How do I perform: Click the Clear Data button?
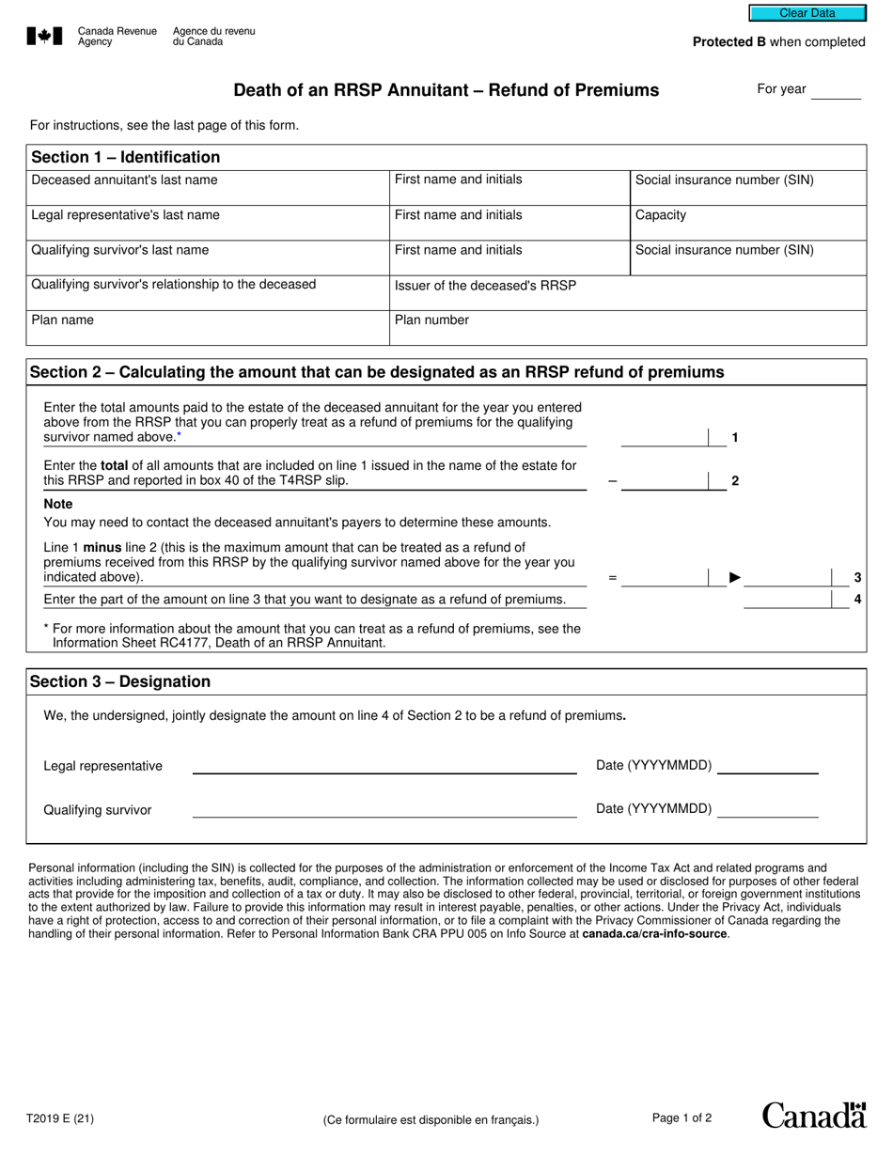(x=807, y=13)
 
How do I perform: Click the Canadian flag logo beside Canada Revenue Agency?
(x=45, y=37)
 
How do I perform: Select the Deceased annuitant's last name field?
(x=209, y=189)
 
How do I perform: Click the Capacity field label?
(x=661, y=215)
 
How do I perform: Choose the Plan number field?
(x=627, y=328)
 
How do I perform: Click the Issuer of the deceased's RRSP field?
(x=627, y=293)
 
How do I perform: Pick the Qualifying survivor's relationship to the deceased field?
(x=209, y=293)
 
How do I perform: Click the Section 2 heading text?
(x=377, y=372)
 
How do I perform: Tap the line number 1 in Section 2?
(x=735, y=437)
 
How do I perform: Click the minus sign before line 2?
(x=613, y=480)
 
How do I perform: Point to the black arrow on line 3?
(x=736, y=577)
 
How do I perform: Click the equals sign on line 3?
(x=613, y=578)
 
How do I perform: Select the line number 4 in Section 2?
(x=857, y=600)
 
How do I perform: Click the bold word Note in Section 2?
(x=58, y=504)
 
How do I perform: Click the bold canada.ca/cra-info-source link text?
(x=654, y=934)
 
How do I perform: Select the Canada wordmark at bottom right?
(x=813, y=1116)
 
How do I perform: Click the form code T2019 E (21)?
(x=60, y=1118)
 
